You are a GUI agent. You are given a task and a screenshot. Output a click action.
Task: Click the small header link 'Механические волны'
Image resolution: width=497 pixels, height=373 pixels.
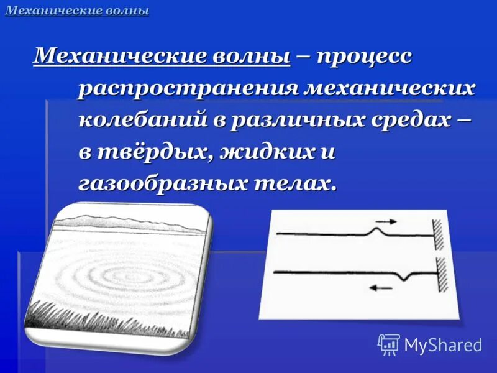point(77,11)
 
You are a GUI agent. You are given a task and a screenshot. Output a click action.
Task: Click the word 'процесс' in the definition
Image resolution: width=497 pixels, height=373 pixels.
point(364,57)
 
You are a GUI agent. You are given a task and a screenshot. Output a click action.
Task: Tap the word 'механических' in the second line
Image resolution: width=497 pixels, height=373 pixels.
point(389,88)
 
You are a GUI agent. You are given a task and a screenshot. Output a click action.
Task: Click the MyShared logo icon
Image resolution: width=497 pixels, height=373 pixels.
point(389,344)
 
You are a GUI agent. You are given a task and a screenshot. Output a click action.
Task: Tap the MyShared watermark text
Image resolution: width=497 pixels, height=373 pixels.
point(443,345)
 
